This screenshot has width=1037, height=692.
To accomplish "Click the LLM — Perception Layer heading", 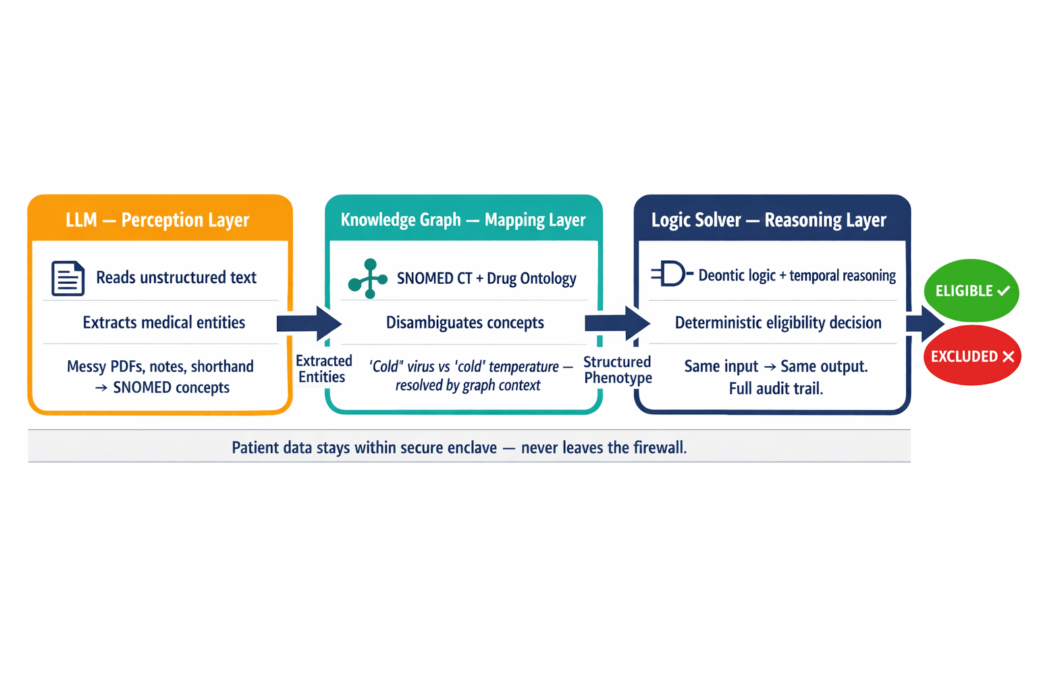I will click(157, 220).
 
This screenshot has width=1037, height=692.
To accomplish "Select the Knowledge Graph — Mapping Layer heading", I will click(463, 220).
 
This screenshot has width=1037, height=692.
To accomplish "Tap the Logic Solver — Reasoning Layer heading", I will click(768, 220).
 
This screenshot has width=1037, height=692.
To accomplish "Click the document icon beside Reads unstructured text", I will click(68, 278).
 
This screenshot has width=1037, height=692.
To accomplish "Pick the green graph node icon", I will click(368, 278).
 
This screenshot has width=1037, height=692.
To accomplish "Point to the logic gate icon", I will click(671, 274).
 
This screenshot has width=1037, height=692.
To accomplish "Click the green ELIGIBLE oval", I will click(971, 291).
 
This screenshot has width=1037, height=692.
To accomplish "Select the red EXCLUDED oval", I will click(972, 356).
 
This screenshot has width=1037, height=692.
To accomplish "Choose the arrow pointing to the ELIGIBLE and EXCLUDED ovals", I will click(925, 323).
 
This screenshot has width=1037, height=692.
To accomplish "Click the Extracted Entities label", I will click(323, 369).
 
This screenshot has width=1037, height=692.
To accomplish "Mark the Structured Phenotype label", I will click(618, 370).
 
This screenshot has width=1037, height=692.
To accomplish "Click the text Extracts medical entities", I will click(164, 322).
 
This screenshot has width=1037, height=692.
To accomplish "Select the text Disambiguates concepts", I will click(464, 322).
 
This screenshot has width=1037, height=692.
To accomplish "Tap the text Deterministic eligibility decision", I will click(778, 322).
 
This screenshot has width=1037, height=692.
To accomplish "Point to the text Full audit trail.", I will click(776, 389).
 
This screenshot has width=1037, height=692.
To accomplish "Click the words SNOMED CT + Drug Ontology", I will click(486, 278).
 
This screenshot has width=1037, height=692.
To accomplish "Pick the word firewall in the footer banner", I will click(658, 447).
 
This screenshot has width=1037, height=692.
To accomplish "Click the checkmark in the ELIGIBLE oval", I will click(1004, 291).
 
